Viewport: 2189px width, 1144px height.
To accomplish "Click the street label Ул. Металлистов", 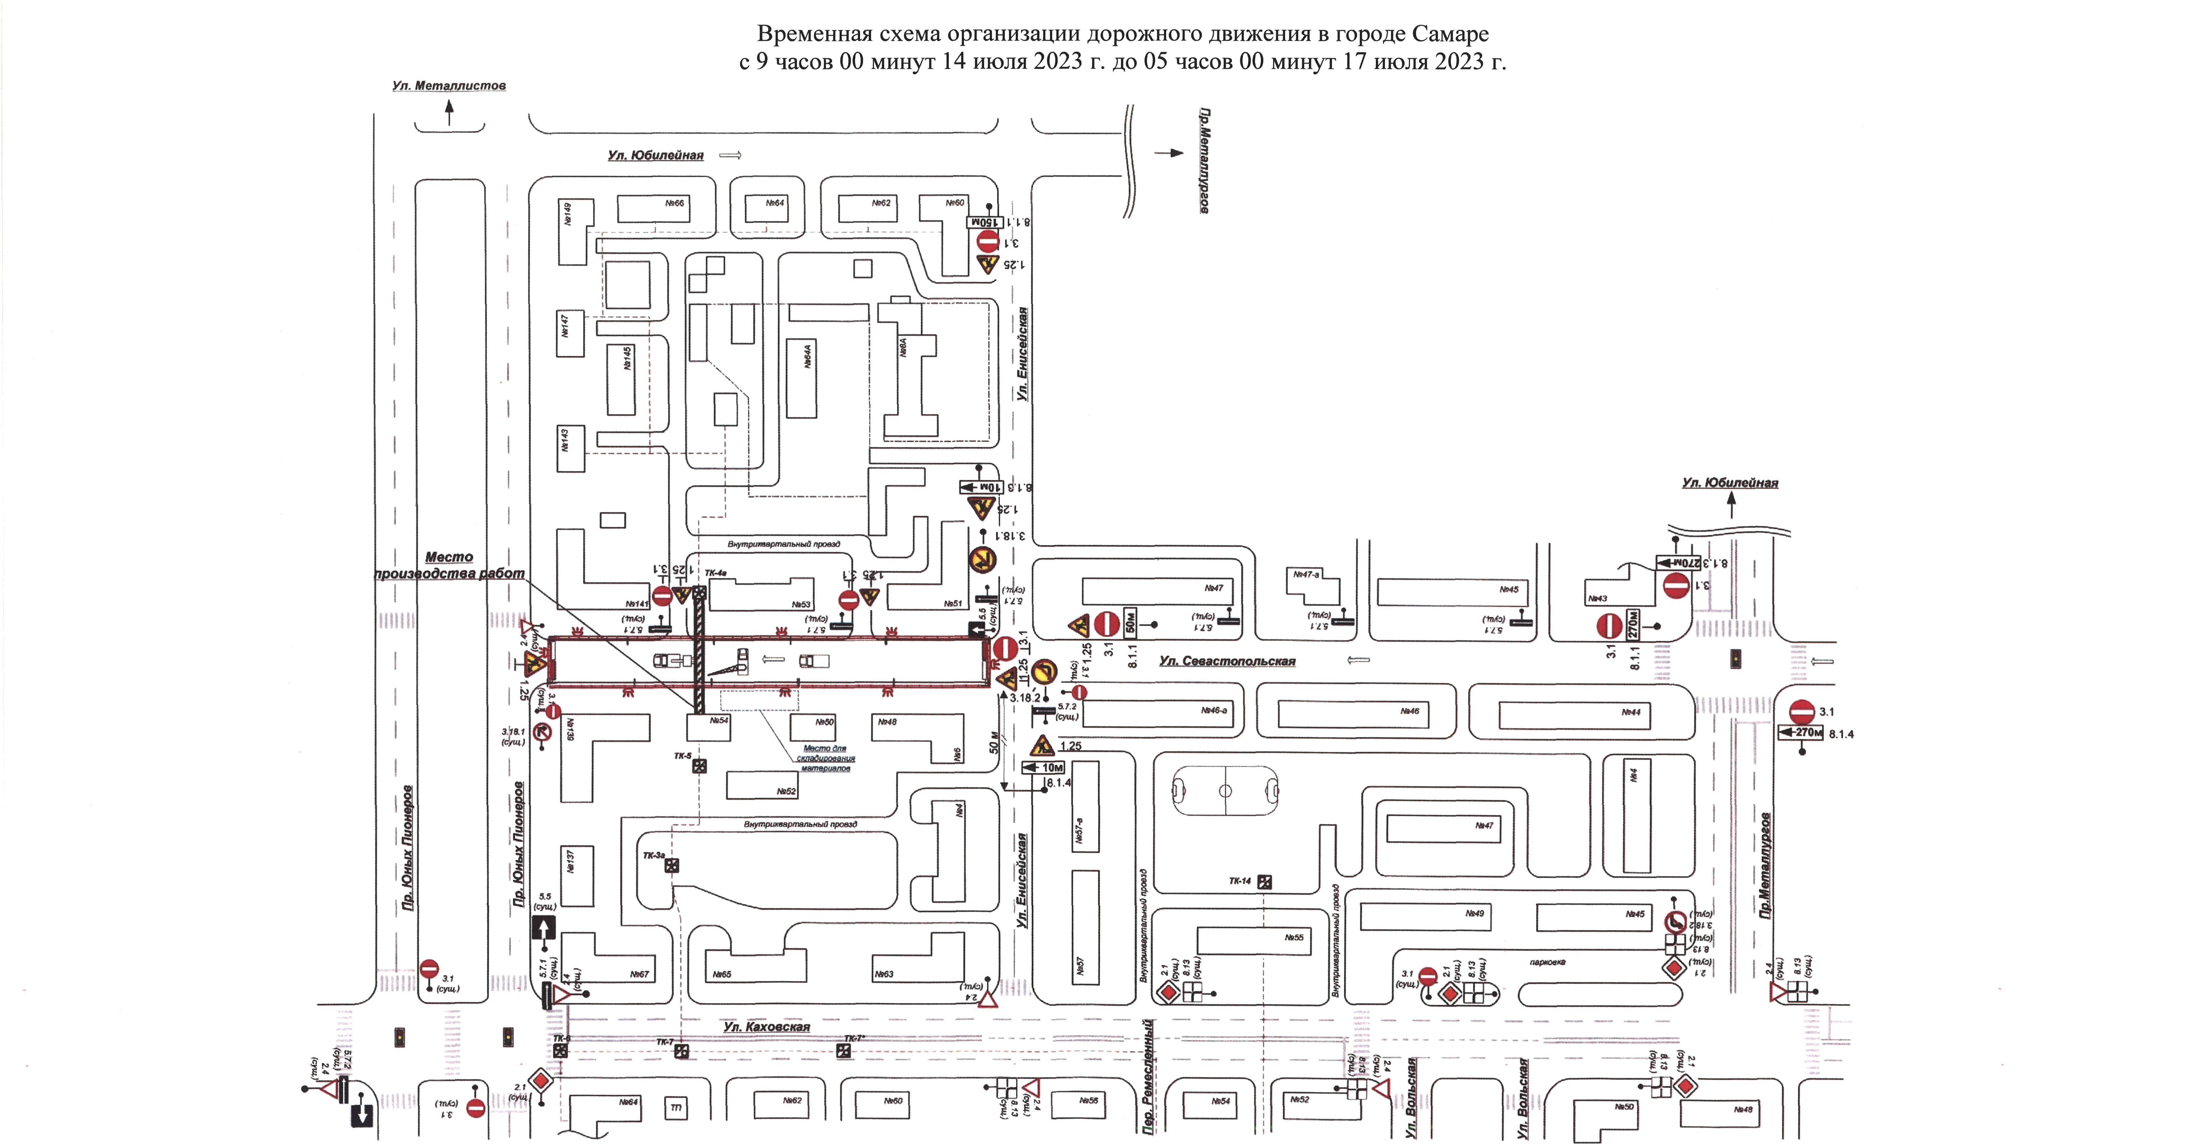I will tap(449, 86).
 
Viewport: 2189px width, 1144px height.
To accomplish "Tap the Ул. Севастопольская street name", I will tap(1227, 661).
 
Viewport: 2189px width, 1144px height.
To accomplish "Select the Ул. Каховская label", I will tap(767, 1027).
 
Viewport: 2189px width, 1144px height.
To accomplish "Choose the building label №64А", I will tap(807, 355).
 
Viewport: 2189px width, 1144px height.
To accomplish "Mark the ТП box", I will tap(676, 1107).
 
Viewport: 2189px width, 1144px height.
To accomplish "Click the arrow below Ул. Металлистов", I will tap(450, 111).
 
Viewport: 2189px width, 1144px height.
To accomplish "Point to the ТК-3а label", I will tap(654, 856).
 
